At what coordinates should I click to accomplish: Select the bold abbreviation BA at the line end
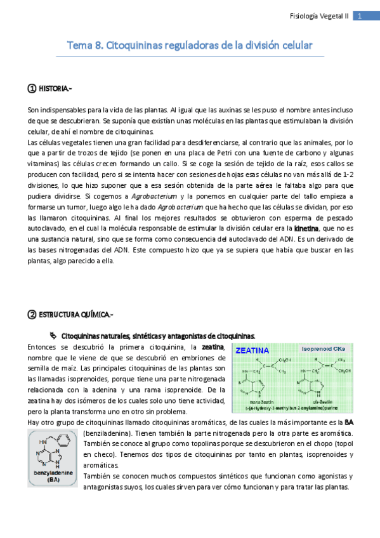tap(349, 421)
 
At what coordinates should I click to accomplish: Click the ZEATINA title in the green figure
tap(252, 350)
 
